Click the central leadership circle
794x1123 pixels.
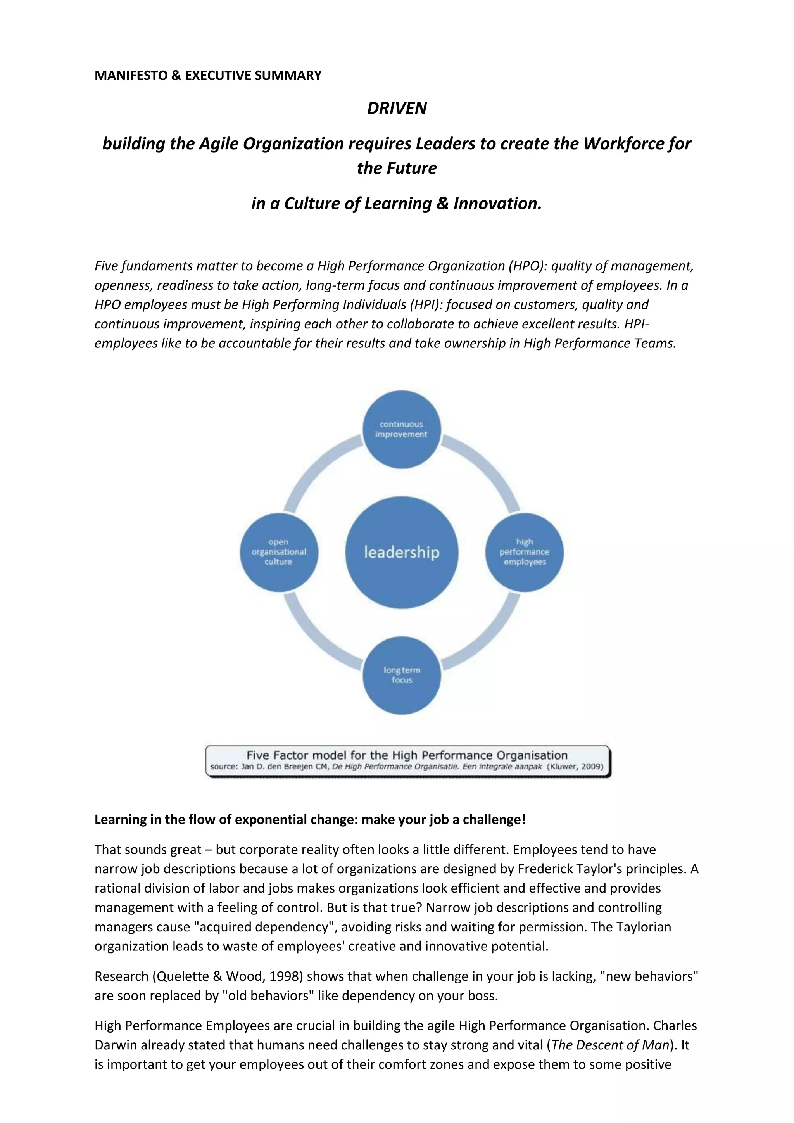[x=401, y=552]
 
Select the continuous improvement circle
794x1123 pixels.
[x=401, y=429]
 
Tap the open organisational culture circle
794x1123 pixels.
[x=279, y=552]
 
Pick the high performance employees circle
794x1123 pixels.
[x=524, y=552]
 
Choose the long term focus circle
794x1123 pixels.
[x=401, y=675]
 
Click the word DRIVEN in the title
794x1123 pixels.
[x=397, y=108]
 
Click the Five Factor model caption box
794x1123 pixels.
[x=408, y=760]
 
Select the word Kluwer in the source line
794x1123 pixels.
[x=564, y=766]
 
